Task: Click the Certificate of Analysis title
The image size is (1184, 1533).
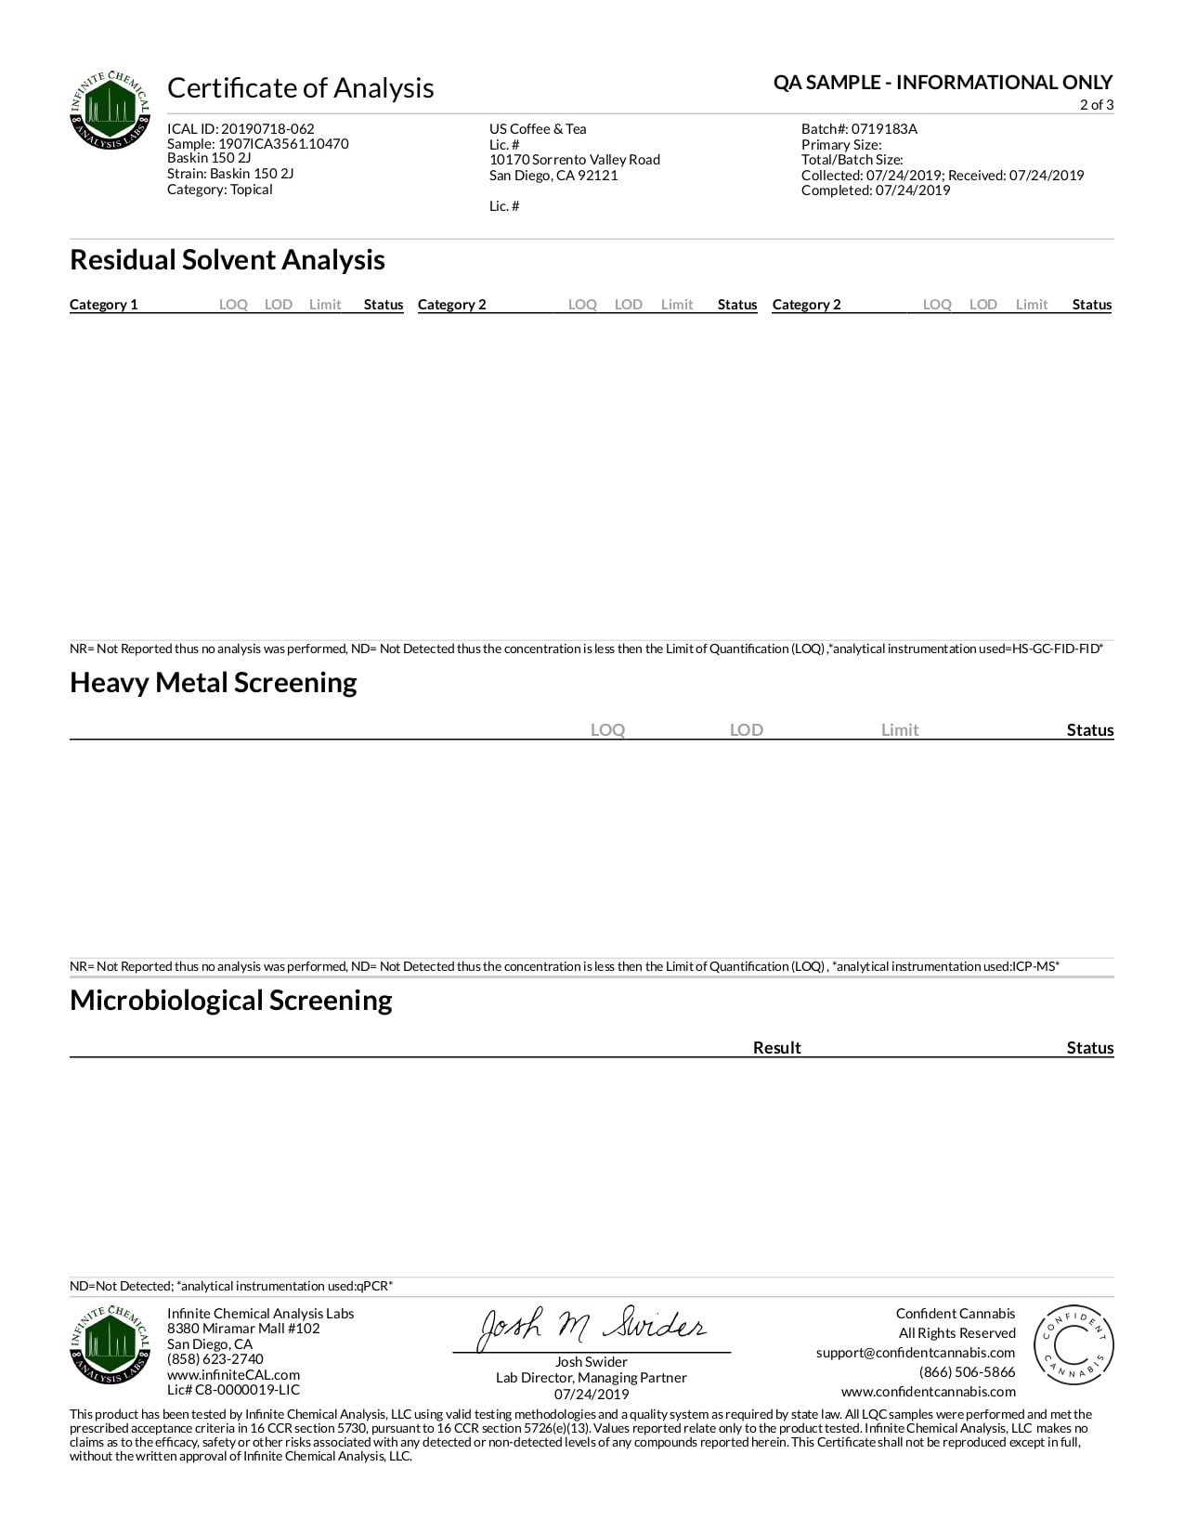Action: pos(300,88)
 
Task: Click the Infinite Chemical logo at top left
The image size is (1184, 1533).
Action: pos(111,110)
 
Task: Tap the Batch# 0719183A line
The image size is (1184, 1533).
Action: pos(859,129)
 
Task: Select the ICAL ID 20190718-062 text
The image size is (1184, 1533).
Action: pos(241,129)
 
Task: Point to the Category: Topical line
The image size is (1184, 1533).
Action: pos(219,190)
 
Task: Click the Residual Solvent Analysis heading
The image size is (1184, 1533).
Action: pos(228,260)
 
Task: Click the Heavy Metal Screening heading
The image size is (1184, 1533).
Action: pos(214,683)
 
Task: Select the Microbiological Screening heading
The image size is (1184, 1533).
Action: pos(231,1001)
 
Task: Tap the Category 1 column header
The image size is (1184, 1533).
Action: pos(104,305)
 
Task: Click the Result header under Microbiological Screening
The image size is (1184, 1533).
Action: pos(776,1048)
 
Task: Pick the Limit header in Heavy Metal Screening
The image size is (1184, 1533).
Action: pos(899,730)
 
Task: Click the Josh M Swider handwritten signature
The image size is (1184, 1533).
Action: pos(592,1328)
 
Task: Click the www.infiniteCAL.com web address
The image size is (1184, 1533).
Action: pos(233,1375)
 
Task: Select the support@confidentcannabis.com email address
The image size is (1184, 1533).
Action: pos(916,1353)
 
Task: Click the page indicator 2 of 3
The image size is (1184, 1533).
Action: pos(1096,105)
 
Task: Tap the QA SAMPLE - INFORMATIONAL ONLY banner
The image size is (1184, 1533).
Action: pos(943,83)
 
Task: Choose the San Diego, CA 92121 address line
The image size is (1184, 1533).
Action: pos(553,176)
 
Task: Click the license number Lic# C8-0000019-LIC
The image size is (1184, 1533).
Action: pos(233,1390)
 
